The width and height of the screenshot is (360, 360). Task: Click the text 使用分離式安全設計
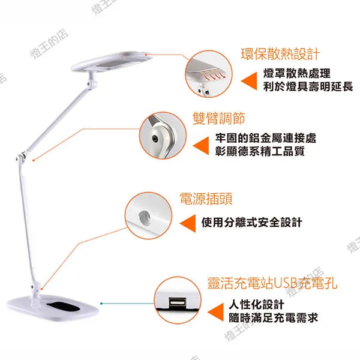(251, 223)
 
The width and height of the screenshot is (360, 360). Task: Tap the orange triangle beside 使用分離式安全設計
(188, 223)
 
